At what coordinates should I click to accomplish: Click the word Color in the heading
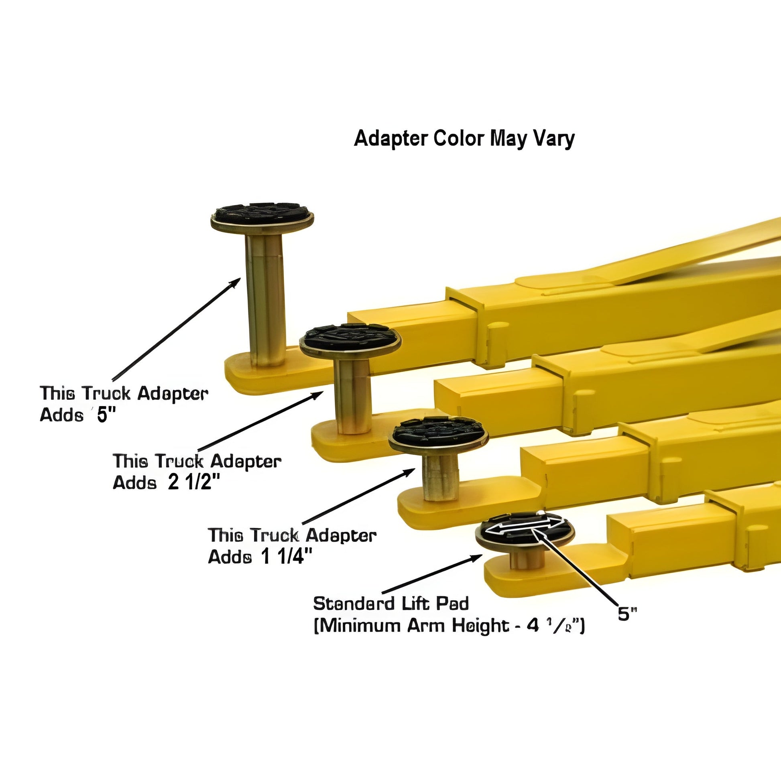(x=458, y=138)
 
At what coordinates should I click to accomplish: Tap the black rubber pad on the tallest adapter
(x=262, y=213)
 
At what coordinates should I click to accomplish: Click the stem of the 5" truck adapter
(x=266, y=299)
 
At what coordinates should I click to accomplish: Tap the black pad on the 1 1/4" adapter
(x=439, y=431)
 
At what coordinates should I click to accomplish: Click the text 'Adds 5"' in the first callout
(x=77, y=415)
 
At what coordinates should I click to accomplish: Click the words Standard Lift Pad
(x=391, y=604)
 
